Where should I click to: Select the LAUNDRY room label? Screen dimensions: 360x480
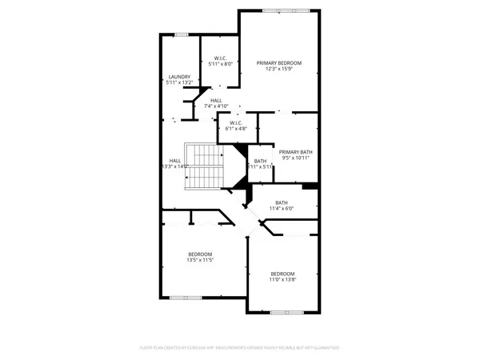tap(178, 77)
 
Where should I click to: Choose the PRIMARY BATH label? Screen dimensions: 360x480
tap(295, 152)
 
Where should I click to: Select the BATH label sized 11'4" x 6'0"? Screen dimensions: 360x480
tap(282, 202)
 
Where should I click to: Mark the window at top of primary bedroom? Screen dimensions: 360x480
tap(279, 10)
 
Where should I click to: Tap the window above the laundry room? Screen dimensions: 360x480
tap(182, 34)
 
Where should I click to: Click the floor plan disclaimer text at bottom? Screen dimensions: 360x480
tap(240, 348)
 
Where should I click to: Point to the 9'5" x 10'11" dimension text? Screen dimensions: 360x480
tap(295, 158)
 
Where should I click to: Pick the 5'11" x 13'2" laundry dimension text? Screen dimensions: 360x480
tap(178, 82)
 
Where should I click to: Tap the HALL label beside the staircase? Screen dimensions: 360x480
tap(175, 160)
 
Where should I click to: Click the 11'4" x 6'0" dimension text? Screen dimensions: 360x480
tap(282, 209)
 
